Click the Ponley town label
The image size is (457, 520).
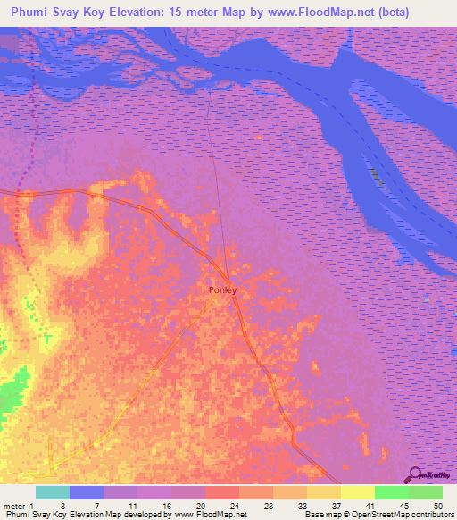(x=221, y=289)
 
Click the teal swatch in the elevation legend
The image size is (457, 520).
(x=53, y=492)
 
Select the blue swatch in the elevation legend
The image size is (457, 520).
(x=87, y=492)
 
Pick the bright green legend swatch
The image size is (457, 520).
(x=392, y=492)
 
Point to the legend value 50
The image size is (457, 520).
(x=437, y=505)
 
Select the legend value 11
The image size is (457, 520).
(x=132, y=505)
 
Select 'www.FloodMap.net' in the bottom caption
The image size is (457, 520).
(x=206, y=515)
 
